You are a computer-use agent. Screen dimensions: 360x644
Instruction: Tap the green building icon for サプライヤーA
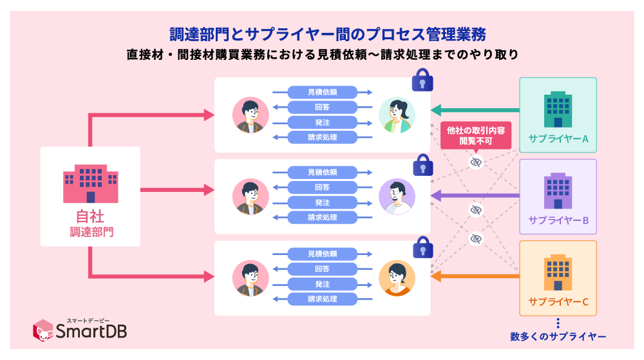(558, 108)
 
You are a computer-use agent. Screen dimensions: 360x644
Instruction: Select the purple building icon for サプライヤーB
(558, 190)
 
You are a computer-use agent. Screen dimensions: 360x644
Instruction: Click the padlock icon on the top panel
(422, 81)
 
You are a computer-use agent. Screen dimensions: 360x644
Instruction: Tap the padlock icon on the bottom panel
(422, 247)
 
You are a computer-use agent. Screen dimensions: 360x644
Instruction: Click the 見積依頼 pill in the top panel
(322, 92)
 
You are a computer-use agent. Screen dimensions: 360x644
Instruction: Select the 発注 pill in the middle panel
(322, 202)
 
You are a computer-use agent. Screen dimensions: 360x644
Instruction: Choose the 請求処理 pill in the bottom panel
(322, 299)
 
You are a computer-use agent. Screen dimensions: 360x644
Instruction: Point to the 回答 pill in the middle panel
(322, 187)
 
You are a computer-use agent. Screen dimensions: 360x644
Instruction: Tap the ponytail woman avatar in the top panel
(397, 115)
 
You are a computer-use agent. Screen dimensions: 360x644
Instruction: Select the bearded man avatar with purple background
(397, 196)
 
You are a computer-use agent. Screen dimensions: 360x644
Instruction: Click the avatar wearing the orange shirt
(397, 278)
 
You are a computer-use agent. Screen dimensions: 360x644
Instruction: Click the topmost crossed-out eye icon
(476, 162)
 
